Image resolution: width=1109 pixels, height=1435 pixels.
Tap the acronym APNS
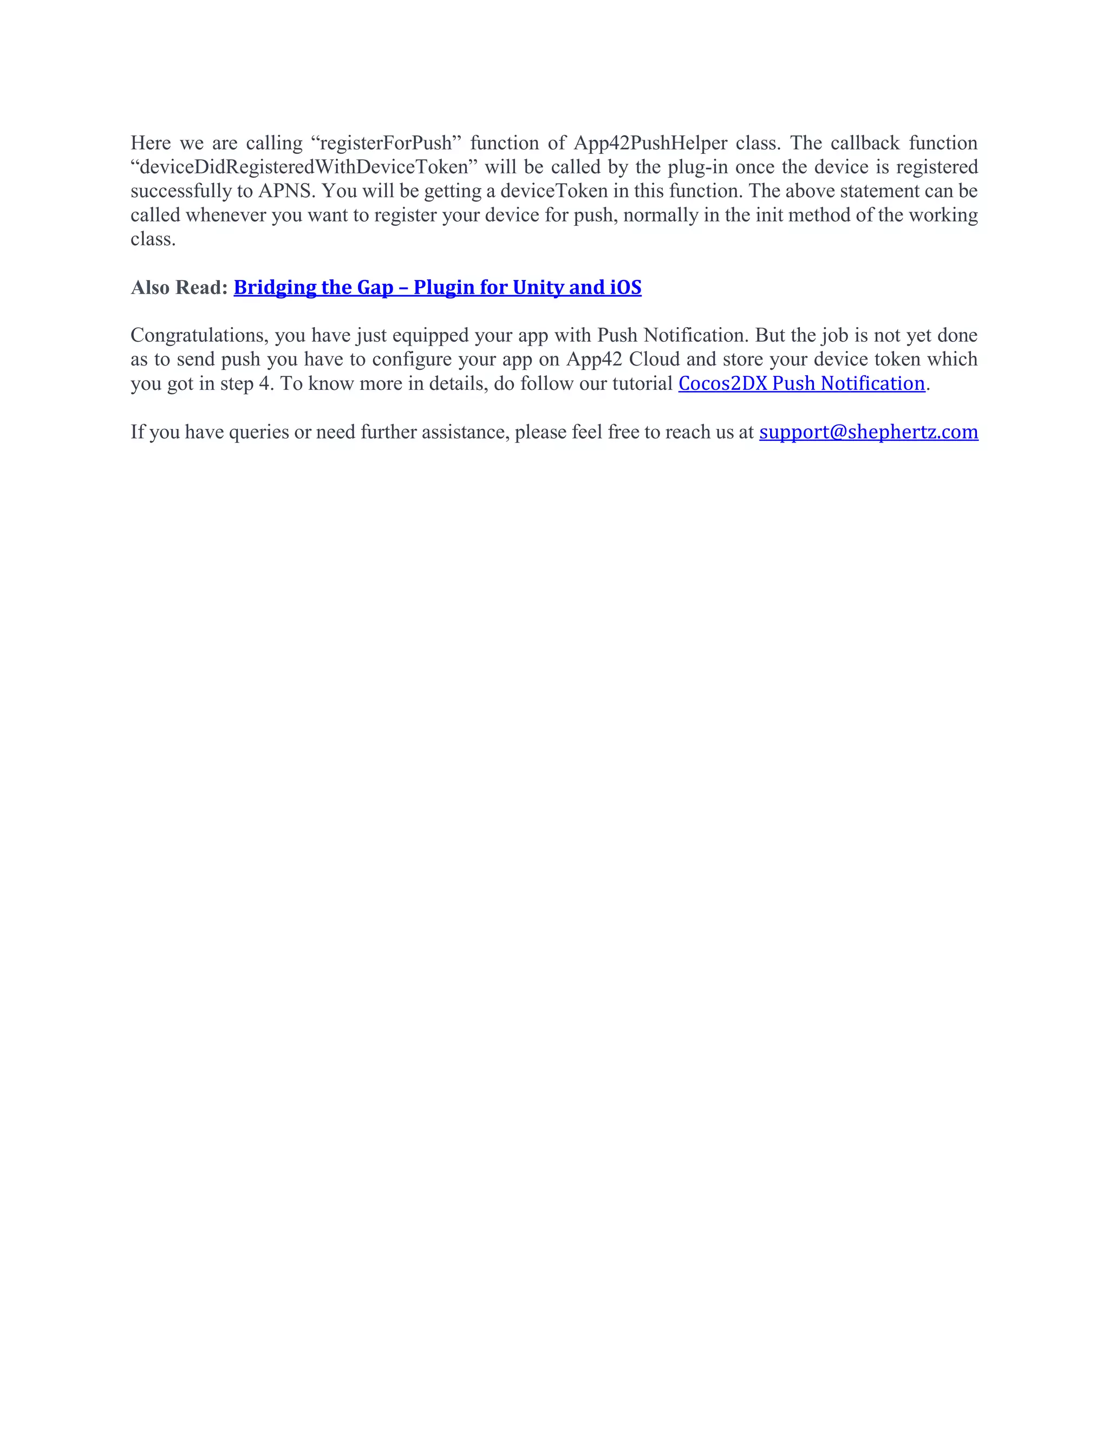pos(284,191)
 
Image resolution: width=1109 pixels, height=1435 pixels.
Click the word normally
pos(660,216)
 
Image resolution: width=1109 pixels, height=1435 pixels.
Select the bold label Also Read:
pos(179,288)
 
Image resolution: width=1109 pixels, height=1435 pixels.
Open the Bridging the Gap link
pos(438,288)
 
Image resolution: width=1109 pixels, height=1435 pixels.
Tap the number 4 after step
pos(265,384)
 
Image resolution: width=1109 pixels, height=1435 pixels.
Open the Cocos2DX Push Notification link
pos(801,384)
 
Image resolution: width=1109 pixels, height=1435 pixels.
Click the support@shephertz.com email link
pos(869,432)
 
